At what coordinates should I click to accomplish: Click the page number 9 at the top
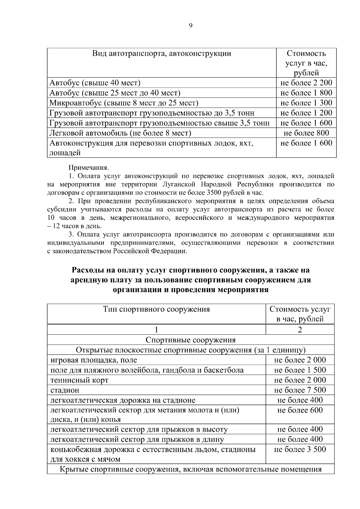click(191, 26)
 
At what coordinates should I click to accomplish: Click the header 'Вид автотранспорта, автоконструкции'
click(162, 54)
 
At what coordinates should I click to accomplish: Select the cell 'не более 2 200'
click(306, 83)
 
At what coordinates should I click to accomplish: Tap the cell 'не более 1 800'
click(306, 93)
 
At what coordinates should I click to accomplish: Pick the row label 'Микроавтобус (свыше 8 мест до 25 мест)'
click(124, 103)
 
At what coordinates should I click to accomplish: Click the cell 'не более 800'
click(306, 133)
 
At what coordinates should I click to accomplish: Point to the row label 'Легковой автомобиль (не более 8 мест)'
click(120, 133)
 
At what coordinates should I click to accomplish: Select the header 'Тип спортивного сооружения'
click(156, 309)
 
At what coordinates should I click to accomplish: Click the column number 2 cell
click(300, 330)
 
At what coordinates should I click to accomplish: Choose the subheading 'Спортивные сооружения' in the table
click(190, 340)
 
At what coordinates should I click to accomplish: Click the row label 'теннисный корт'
click(79, 380)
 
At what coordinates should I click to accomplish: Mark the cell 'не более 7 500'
click(300, 390)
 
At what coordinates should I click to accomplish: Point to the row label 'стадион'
click(65, 390)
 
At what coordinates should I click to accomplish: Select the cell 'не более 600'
click(300, 410)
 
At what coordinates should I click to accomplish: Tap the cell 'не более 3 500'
click(300, 449)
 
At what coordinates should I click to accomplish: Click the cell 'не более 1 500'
click(300, 370)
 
